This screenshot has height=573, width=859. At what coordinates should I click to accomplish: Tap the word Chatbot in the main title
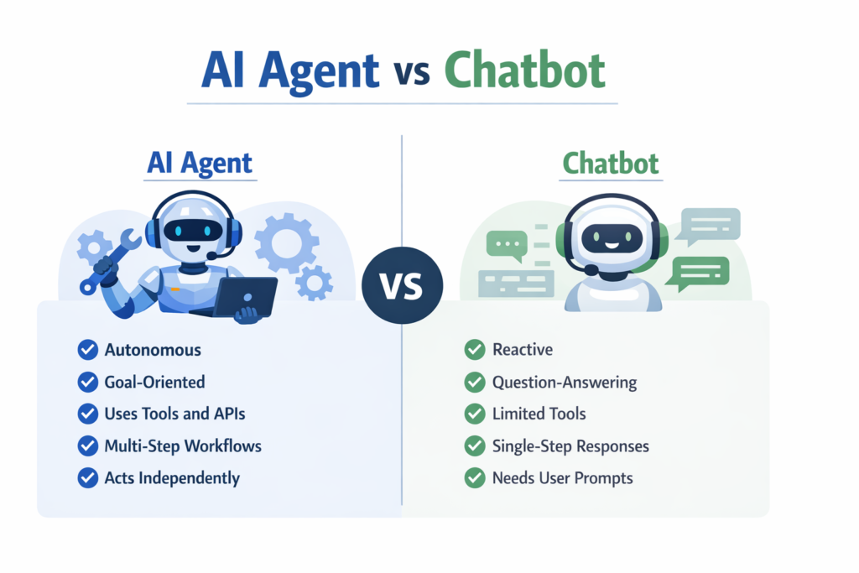coord(524,70)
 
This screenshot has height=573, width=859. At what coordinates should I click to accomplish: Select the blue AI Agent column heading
coord(199,163)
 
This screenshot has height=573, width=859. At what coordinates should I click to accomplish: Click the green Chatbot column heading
coord(611,163)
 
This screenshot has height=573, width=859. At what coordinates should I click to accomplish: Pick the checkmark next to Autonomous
coord(86,350)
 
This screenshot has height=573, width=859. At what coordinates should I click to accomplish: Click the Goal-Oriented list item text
coord(154,382)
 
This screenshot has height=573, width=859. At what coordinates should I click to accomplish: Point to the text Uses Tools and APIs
coord(174,414)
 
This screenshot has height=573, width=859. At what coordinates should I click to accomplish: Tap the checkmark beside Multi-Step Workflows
coord(86,445)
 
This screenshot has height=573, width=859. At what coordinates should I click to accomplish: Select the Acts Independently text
coord(172,478)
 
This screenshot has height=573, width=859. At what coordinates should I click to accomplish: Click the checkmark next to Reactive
coord(475,350)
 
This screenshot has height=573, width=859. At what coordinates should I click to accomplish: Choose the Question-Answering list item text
coord(565,383)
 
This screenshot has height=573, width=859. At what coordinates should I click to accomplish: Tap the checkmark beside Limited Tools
coord(475,414)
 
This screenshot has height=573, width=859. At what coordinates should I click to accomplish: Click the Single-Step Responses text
coord(570,446)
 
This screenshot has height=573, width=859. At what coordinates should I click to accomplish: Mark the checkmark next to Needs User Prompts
coord(475,478)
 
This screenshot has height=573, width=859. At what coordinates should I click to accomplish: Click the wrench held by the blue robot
coord(110,257)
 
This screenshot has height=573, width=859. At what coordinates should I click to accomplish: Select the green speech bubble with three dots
coord(506,243)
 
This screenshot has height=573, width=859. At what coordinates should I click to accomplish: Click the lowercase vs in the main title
coord(409,74)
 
